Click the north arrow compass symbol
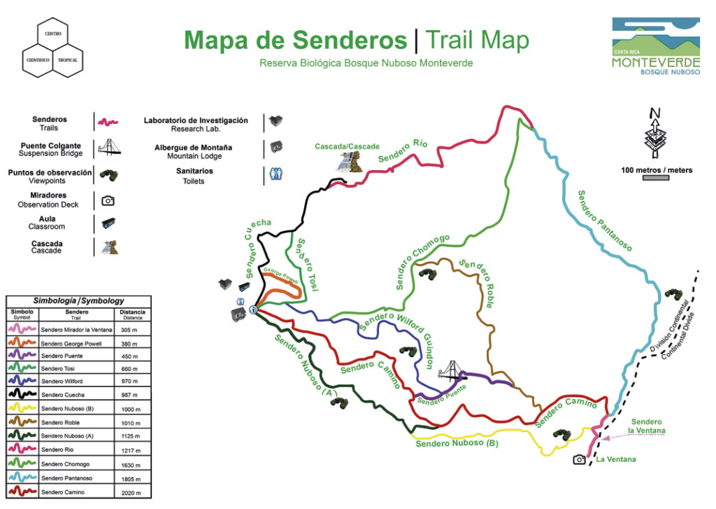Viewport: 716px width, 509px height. tap(655, 134)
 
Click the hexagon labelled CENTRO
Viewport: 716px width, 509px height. tap(53, 34)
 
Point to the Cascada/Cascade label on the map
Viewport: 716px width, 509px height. tap(347, 146)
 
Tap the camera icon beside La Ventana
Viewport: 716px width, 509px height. tap(579, 459)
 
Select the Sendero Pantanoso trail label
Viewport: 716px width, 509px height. tap(604, 221)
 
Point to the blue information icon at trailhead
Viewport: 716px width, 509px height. tap(253, 309)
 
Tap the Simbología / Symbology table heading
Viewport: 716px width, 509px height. tap(78, 300)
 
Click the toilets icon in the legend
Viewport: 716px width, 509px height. tap(275, 174)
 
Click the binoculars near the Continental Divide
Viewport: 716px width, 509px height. tap(673, 293)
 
